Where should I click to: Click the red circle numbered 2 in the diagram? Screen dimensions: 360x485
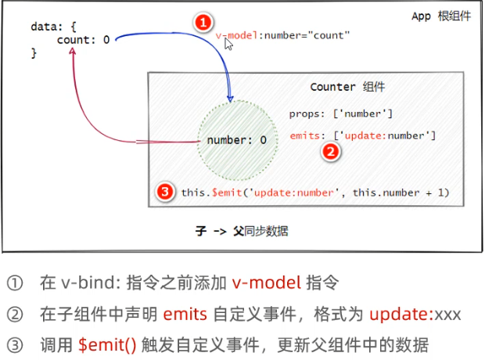point(331,153)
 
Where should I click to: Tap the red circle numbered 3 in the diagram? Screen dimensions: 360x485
point(164,192)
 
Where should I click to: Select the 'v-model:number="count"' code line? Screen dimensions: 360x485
point(283,35)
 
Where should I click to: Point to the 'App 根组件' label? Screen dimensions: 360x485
point(441,16)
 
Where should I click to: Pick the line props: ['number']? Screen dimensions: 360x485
point(341,114)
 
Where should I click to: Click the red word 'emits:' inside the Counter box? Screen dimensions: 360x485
point(306,136)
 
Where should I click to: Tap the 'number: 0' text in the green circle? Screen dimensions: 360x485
point(236,140)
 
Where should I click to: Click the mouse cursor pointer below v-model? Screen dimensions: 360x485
point(229,45)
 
